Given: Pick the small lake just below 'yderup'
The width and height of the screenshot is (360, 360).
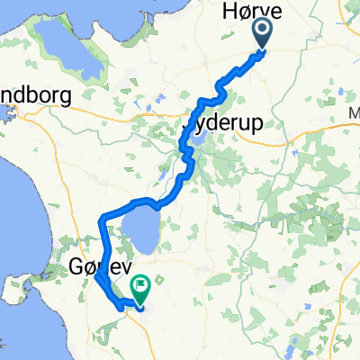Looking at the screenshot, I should tap(199, 139).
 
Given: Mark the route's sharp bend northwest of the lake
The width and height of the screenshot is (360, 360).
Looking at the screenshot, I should tap(100, 216).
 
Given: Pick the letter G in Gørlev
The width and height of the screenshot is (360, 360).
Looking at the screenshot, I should tap(76, 266).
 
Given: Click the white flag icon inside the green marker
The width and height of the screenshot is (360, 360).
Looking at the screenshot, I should tap(142, 285).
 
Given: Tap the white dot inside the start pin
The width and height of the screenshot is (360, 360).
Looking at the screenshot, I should tap(263, 33).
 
